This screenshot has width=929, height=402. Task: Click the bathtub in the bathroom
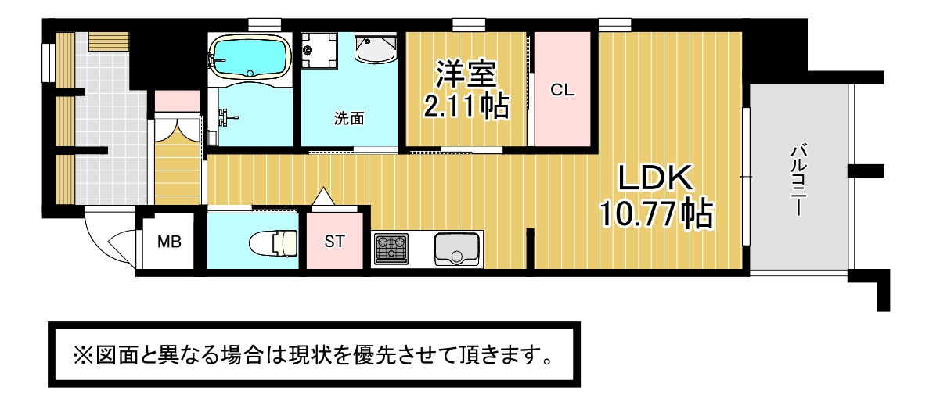point(250,56)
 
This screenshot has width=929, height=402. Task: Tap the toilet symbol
point(273,242)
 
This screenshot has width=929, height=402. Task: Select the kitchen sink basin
point(458,249)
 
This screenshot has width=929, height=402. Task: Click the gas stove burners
point(391,249)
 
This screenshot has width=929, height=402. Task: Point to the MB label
point(169,242)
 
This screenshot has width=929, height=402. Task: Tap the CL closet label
point(562,91)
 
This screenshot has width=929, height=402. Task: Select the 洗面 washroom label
point(349,119)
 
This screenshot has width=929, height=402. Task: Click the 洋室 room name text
point(465,74)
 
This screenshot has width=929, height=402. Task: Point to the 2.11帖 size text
point(466,106)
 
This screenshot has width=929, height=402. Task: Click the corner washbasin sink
point(376,48)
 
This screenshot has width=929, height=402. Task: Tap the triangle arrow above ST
point(323,196)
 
